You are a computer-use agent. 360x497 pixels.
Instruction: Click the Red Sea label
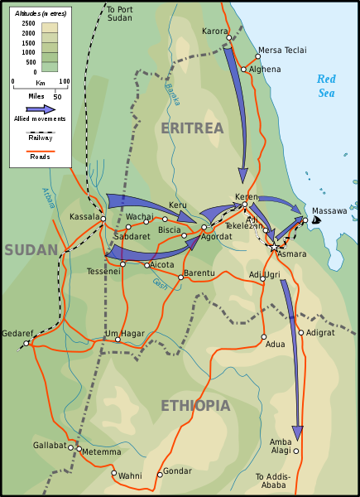click(327, 85)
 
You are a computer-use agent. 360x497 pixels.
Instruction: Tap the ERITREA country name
click(192, 128)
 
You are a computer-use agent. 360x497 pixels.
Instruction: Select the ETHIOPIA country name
click(195, 406)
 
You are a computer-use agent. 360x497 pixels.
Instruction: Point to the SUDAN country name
click(30, 249)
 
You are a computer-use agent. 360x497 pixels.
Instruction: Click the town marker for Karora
click(228, 37)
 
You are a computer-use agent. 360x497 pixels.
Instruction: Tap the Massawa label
click(329, 211)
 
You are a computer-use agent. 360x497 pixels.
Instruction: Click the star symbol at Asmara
click(274, 246)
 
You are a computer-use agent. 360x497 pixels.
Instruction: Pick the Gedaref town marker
click(26, 343)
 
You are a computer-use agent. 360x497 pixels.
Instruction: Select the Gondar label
click(177, 471)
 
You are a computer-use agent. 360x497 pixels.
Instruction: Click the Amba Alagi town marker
click(295, 451)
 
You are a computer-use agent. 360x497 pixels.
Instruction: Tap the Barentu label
click(199, 272)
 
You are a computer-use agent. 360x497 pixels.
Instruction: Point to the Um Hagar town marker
click(118, 339)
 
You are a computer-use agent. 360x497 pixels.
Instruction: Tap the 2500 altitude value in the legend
click(28, 23)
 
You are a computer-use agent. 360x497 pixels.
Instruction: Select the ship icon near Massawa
click(315, 220)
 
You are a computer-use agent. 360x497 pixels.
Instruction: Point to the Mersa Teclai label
click(281, 50)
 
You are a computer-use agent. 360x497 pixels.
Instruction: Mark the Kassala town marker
click(104, 218)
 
